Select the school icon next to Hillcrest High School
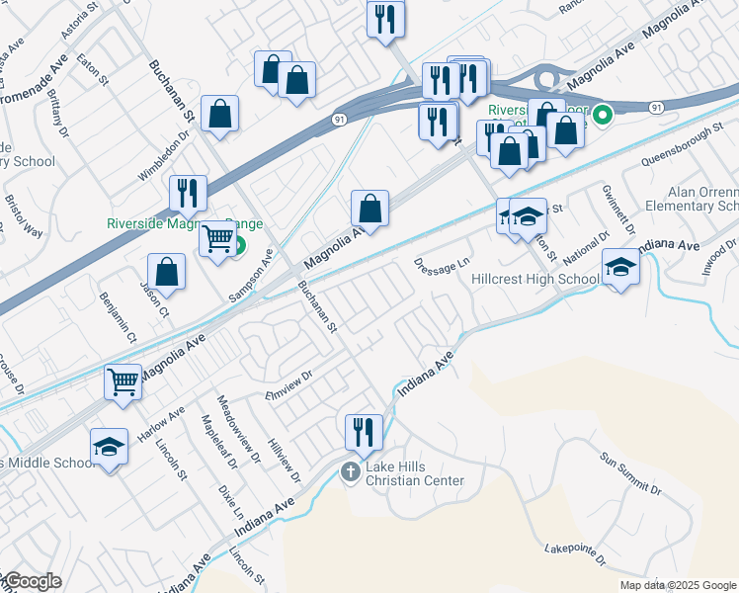[620, 267]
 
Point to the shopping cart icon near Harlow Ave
[123, 381]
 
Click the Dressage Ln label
[441, 265]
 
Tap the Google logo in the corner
[32, 581]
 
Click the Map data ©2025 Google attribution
[678, 585]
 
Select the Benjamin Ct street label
[117, 317]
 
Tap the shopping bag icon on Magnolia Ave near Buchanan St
[369, 209]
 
